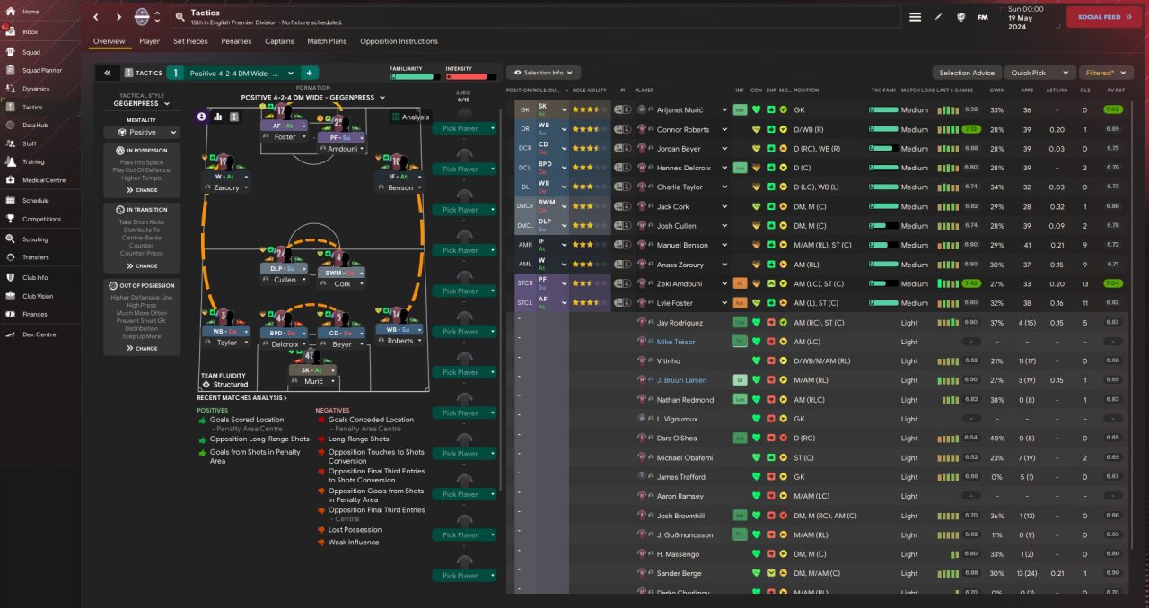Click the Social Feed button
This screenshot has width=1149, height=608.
(x=1103, y=17)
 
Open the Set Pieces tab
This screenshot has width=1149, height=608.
(x=190, y=41)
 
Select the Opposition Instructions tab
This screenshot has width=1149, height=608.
(x=399, y=41)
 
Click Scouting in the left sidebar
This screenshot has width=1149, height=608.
(x=35, y=239)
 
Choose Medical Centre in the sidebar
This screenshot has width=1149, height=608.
(x=44, y=180)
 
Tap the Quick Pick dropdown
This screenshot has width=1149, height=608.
(x=1039, y=73)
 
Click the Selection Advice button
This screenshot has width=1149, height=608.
(x=967, y=73)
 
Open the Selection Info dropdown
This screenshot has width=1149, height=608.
(x=544, y=73)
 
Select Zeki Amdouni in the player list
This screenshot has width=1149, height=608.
(x=680, y=283)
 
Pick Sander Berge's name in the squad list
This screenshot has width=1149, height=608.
(x=679, y=573)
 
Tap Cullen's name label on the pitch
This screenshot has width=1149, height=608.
(x=285, y=280)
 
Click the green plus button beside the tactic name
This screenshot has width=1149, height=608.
(x=309, y=73)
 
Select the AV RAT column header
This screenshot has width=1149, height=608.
(x=1116, y=91)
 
